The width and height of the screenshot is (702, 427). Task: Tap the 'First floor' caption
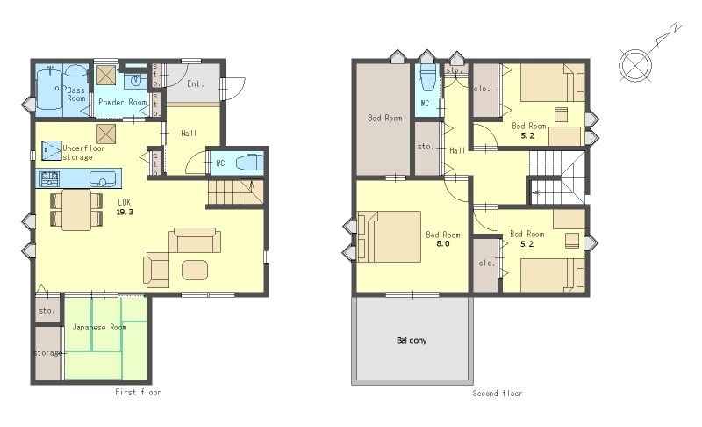[138, 392]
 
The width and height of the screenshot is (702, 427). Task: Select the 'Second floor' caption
[498, 394]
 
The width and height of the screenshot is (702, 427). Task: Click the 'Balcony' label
[412, 341]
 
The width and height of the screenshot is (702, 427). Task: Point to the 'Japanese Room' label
[99, 327]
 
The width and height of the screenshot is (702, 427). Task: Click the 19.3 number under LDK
[125, 212]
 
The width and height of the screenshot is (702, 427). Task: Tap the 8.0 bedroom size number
[443, 243]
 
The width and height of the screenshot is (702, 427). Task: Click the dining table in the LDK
[76, 210]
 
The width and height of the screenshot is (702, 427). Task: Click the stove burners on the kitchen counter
[49, 178]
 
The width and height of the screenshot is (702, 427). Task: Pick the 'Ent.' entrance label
[195, 83]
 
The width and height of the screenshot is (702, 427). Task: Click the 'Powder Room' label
[122, 102]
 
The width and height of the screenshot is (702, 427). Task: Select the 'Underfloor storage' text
[83, 152]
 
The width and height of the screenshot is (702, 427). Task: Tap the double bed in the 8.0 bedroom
[389, 236]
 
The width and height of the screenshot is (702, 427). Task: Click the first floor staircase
[235, 192]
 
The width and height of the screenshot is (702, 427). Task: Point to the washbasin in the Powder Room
[135, 81]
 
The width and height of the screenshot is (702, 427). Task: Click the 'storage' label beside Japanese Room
[48, 353]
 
